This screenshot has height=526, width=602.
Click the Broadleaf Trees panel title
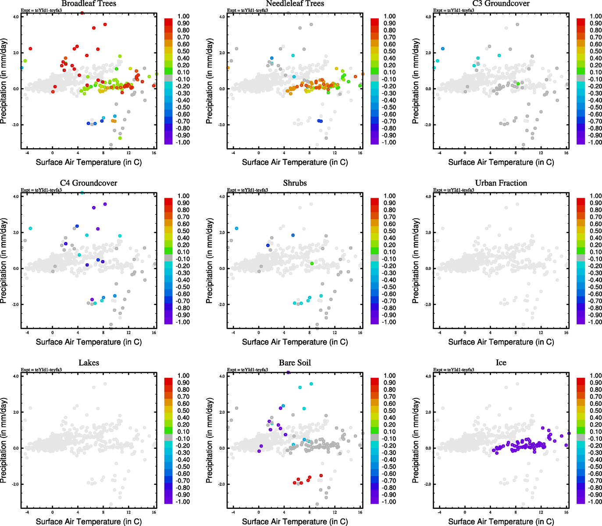pos(89,4)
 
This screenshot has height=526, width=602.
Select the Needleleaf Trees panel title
pos(295,4)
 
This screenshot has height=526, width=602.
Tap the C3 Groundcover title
pos(501,4)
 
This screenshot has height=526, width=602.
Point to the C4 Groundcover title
pos(89,183)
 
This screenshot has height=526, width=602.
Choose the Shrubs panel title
pos(295,183)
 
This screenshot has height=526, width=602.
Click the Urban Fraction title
pos(501,183)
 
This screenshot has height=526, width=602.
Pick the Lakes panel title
pos(89,363)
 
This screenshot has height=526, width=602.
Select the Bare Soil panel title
pos(295,363)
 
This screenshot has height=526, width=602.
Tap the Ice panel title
pos(501,363)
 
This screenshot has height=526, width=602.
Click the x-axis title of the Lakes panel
pos(89,521)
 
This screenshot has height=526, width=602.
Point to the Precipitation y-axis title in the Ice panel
pos(416,441)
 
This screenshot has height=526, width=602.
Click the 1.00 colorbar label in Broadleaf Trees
pos(183,16)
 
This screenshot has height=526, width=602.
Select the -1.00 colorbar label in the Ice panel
pos(595,501)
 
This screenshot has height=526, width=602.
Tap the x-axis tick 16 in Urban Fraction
pos(566,333)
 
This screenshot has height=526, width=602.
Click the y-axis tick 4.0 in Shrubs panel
pos(222,196)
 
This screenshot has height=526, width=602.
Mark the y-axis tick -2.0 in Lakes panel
pos(15,484)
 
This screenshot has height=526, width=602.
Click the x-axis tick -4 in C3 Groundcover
pos(440,153)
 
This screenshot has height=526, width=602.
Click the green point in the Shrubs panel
pos(312,263)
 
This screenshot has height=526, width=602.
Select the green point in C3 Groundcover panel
pos(518,84)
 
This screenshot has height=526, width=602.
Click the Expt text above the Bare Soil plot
pos(247,370)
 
